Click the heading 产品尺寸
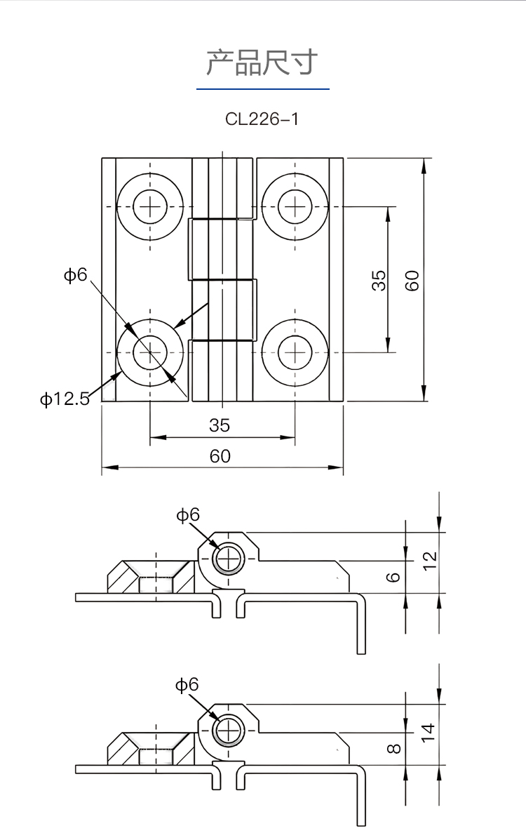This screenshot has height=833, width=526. [x=262, y=62]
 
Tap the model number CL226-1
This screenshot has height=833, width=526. [x=262, y=119]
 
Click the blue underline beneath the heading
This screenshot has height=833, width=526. [x=262, y=89]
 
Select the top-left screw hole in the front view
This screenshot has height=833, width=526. [x=150, y=206]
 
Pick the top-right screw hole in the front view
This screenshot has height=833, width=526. [x=295, y=206]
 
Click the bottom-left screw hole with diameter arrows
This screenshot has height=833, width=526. [x=150, y=351]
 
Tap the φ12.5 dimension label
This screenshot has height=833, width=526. [x=65, y=400]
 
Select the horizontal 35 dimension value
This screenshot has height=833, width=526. [x=220, y=425]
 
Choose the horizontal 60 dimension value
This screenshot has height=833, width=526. [x=220, y=456]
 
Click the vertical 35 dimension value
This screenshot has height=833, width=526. [x=378, y=280]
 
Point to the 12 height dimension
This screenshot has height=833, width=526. [x=430, y=559]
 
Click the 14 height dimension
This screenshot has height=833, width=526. [x=430, y=733]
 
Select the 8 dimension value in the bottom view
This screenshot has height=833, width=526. [x=394, y=749]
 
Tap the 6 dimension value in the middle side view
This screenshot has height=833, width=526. [x=394, y=577]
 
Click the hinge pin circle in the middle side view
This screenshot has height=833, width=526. [x=227, y=559]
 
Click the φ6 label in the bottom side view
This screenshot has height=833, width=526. [x=187, y=685]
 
